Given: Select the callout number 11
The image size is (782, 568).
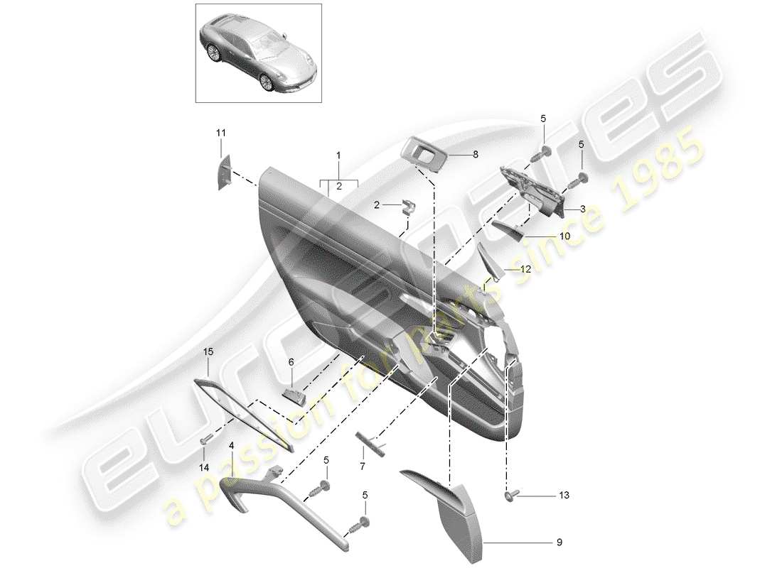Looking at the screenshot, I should (221, 133).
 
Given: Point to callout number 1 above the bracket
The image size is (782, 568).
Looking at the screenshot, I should (339, 155).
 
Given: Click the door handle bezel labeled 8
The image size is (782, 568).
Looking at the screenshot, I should (426, 153).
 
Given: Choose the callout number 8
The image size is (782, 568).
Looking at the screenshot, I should (476, 152).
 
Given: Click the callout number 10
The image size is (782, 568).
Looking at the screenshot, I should (563, 236).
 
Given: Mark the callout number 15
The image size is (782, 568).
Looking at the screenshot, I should (208, 351).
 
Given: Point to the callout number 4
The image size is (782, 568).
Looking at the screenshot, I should (231, 446).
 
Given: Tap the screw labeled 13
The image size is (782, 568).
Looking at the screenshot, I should (510, 495).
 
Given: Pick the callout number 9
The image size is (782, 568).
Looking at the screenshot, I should (558, 543).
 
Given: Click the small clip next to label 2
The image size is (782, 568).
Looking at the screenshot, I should (408, 206).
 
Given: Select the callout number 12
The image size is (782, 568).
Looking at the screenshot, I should (525, 269).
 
